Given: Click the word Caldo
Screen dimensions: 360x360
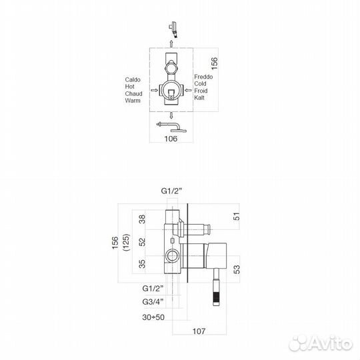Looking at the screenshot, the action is pos(133,80).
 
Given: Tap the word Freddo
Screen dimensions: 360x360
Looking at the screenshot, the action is pos(203,77).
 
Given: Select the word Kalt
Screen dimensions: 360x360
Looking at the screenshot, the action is pos(199,97).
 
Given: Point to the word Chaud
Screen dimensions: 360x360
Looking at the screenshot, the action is pos(133,94).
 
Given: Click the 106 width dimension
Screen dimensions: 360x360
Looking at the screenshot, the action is pos(171,139).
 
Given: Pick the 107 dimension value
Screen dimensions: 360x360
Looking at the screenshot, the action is pos(199,331).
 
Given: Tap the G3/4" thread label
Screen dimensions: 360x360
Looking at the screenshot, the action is pos(153,301).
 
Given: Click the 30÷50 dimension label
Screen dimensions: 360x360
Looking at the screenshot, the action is pos(153,317).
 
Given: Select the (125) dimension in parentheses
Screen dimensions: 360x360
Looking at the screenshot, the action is pos(127,243).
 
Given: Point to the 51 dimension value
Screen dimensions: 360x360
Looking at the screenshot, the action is pos(236,217).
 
